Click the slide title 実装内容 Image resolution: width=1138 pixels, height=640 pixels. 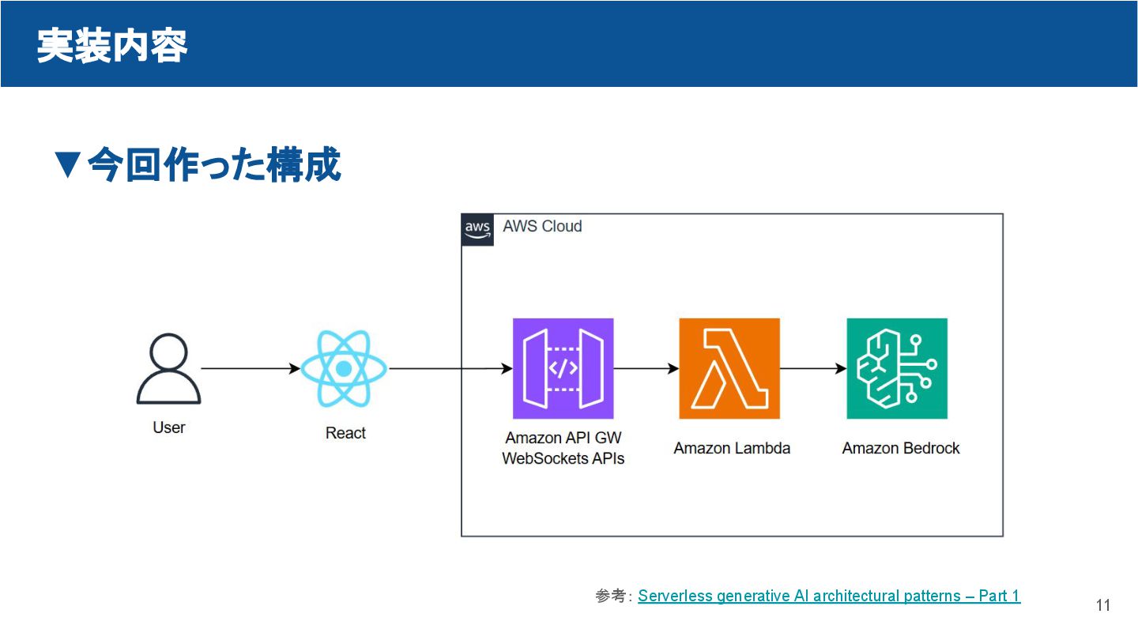pos(111,45)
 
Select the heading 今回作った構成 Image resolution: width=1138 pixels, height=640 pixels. pos(198,165)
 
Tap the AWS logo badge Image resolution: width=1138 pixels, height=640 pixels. pos(477,229)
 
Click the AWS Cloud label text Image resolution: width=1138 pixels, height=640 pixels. pos(542,227)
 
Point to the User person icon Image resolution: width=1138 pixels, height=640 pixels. pos(169,368)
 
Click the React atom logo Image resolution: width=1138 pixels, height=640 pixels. pos(344,368)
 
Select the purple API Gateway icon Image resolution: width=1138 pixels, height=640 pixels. pos(563,368)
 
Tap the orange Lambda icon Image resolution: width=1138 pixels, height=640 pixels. pos(729,368)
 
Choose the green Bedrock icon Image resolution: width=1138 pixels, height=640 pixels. pos(897,368)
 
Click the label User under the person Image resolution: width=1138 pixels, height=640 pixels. pos(169,427)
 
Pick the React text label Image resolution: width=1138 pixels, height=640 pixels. pos(345,433)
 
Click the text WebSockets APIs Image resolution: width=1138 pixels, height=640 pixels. pos(563,458)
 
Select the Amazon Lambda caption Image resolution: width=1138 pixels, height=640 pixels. pos(732,448)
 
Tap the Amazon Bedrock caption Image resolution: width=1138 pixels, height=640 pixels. pos(901,448)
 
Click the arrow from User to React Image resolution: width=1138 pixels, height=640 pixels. pos(250,368)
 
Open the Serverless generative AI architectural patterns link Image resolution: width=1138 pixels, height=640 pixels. pos(829,596)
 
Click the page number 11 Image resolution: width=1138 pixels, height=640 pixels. pos(1103,605)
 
